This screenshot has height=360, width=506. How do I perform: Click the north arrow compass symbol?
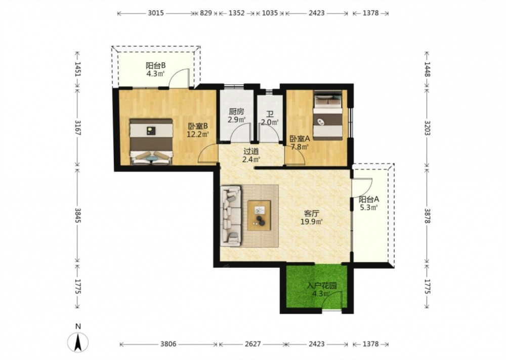78,342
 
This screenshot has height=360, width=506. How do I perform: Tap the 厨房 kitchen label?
236,112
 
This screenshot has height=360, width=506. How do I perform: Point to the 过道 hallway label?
251,151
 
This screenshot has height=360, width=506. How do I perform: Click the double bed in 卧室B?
151,141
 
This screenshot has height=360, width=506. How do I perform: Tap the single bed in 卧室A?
328,115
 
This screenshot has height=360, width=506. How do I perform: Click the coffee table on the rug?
259,215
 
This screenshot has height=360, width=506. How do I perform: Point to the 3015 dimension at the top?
156,13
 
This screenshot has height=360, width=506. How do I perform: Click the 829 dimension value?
206,13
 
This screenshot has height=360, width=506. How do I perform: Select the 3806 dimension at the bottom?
168,344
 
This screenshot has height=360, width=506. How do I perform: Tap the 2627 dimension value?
252,344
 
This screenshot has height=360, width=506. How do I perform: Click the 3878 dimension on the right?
427,215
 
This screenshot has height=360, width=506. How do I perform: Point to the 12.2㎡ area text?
197,134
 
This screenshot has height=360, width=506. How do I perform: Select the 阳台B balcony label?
155,65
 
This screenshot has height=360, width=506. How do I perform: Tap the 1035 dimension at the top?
270,13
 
